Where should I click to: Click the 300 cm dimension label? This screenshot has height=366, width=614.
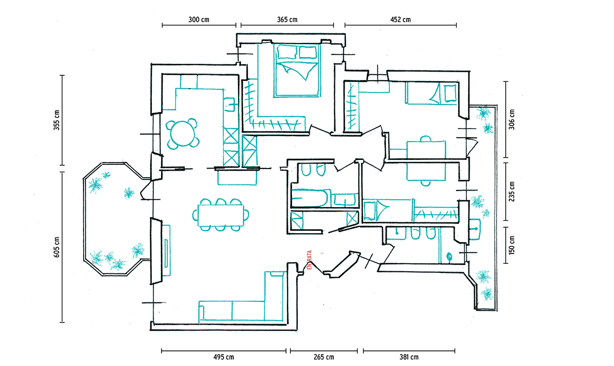point(199,19)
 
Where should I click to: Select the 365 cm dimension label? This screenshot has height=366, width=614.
point(287,19)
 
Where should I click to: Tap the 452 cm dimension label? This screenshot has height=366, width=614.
point(400,19)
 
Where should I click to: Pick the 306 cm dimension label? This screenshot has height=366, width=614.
point(512,119)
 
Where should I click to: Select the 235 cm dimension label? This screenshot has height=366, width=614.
point(512,191)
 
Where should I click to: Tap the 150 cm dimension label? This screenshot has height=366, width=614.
point(512,245)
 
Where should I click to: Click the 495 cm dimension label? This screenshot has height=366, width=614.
point(223,357)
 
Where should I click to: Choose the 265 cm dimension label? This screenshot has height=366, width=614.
point(323,357)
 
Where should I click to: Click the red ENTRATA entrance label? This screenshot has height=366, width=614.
point(310,261)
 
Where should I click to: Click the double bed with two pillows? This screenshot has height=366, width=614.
point(296,70)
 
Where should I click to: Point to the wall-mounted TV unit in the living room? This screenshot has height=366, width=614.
point(165,250)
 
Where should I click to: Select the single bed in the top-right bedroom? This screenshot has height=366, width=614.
point(432,94)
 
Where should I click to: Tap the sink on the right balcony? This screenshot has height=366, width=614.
point(475,228)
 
